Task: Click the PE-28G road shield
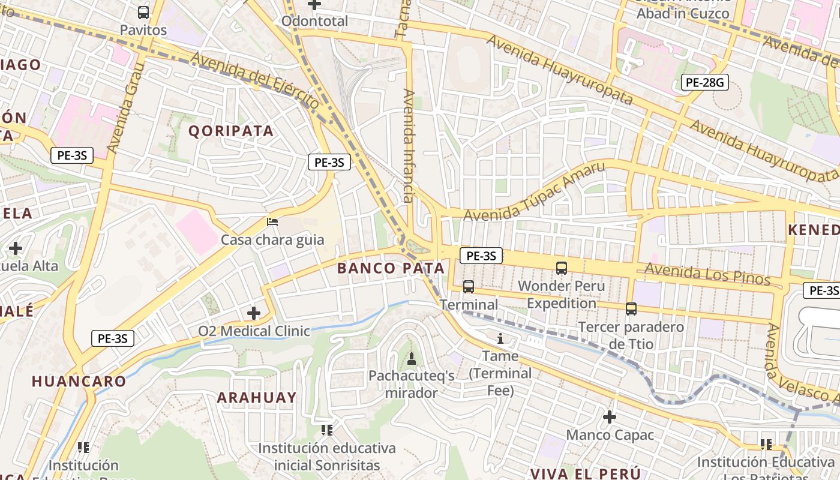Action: click(704, 82)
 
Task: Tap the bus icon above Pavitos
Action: click(143, 12)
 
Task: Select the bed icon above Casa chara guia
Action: click(272, 222)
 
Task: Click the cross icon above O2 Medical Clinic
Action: click(254, 313)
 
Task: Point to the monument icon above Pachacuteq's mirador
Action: click(412, 358)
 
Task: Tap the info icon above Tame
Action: click(500, 338)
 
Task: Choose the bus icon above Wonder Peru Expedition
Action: click(562, 268)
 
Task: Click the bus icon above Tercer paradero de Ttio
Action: click(631, 309)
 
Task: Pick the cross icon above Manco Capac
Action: click(610, 416)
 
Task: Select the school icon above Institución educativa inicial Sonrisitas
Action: click(327, 430)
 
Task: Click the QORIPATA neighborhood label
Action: click(231, 131)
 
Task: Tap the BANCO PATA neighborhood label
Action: click(391, 268)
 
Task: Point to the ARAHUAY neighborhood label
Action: click(257, 397)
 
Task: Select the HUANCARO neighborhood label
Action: click(79, 381)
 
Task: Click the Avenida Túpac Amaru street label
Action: click(535, 191)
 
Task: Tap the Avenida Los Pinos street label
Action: click(707, 274)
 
